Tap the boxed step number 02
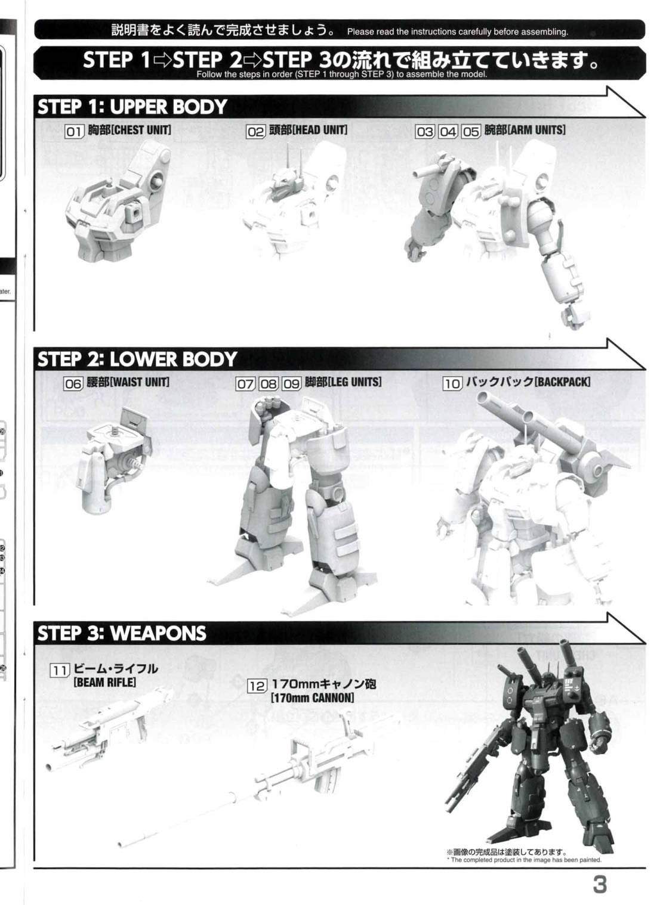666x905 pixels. tap(255, 132)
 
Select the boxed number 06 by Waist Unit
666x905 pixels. tap(73, 383)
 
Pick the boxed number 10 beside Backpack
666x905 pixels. tap(452, 383)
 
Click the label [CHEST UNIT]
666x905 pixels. tap(141, 130)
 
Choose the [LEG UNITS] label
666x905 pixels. tap(354, 382)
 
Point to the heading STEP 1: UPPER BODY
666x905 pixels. tap(132, 107)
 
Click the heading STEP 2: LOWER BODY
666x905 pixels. tap(137, 359)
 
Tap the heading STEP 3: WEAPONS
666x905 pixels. tap(122, 633)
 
